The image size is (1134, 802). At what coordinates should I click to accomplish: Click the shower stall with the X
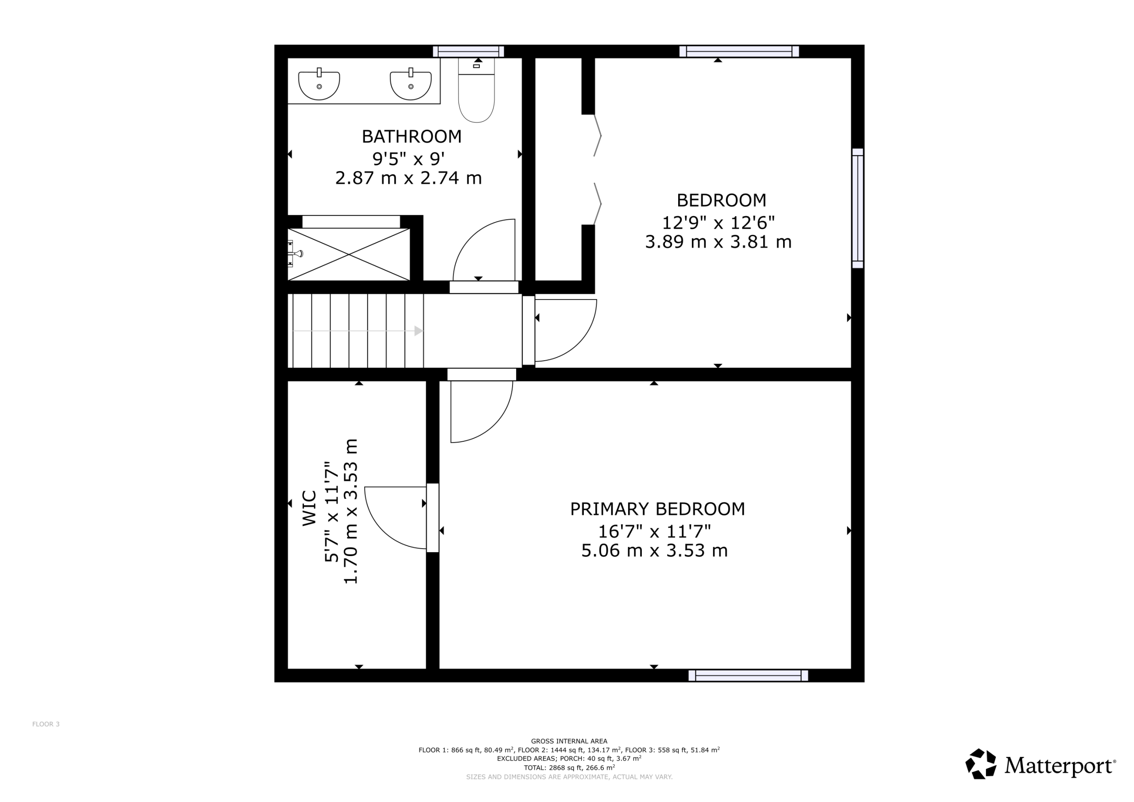[349, 254]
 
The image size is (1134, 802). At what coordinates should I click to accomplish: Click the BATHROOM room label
[412, 136]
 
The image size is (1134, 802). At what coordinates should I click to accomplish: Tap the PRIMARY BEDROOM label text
[657, 509]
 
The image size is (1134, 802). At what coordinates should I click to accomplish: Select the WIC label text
[309, 508]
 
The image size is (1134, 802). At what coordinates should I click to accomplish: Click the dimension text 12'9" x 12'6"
[718, 223]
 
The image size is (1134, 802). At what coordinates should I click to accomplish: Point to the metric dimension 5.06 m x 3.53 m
[654, 550]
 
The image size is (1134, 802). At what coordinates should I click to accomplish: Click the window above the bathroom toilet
[468, 51]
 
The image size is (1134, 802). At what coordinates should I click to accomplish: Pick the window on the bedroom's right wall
[858, 208]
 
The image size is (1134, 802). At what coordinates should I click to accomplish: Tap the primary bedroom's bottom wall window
[748, 676]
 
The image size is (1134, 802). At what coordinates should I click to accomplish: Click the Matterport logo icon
[981, 764]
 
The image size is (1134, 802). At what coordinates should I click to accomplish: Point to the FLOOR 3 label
[46, 724]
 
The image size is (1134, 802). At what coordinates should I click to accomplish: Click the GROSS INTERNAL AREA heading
[569, 741]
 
